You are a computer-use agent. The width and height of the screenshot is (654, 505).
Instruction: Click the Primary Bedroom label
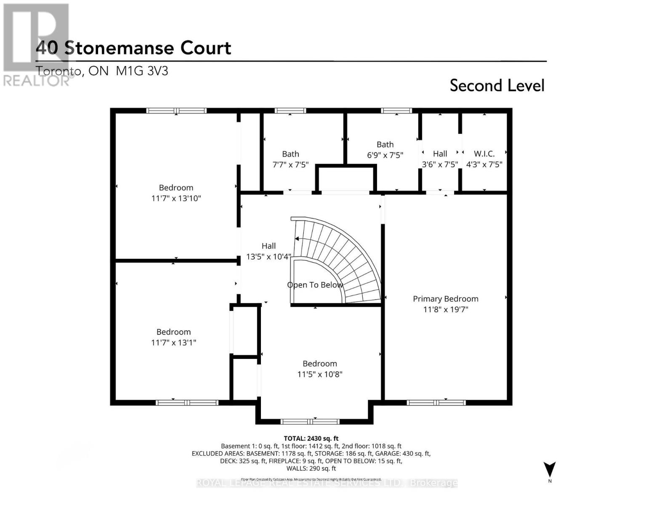click(x=445, y=299)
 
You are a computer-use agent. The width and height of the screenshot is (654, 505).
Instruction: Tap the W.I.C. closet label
click(x=484, y=154)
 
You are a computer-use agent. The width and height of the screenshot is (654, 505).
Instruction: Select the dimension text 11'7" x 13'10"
click(x=176, y=198)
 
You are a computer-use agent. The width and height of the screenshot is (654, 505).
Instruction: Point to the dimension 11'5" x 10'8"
click(x=319, y=374)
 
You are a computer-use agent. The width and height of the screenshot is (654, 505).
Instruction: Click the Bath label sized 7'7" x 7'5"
click(x=290, y=154)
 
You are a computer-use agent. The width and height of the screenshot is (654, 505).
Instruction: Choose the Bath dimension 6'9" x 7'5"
click(x=385, y=155)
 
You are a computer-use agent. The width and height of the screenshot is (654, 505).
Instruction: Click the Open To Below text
click(x=315, y=285)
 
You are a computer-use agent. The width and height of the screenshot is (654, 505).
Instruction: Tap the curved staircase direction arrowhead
click(x=297, y=239)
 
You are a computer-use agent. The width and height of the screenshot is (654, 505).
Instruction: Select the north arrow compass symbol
click(x=549, y=469)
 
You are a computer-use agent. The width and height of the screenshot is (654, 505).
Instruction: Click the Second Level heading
click(x=497, y=85)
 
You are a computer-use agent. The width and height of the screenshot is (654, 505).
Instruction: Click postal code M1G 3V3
click(x=142, y=71)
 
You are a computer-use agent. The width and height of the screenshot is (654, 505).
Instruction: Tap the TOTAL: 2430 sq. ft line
click(x=311, y=439)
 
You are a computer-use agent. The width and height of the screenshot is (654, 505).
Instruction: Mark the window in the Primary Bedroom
click(x=436, y=403)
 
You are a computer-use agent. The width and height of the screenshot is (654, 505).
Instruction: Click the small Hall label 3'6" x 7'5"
click(x=440, y=154)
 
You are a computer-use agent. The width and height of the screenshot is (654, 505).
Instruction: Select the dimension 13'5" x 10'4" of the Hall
click(x=269, y=256)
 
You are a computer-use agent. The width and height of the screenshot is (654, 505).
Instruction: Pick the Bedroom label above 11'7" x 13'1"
click(x=173, y=332)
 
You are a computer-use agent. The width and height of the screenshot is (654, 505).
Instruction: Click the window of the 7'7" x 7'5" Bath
click(x=290, y=111)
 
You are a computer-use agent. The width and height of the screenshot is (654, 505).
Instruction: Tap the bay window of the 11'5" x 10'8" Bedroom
click(x=310, y=421)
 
